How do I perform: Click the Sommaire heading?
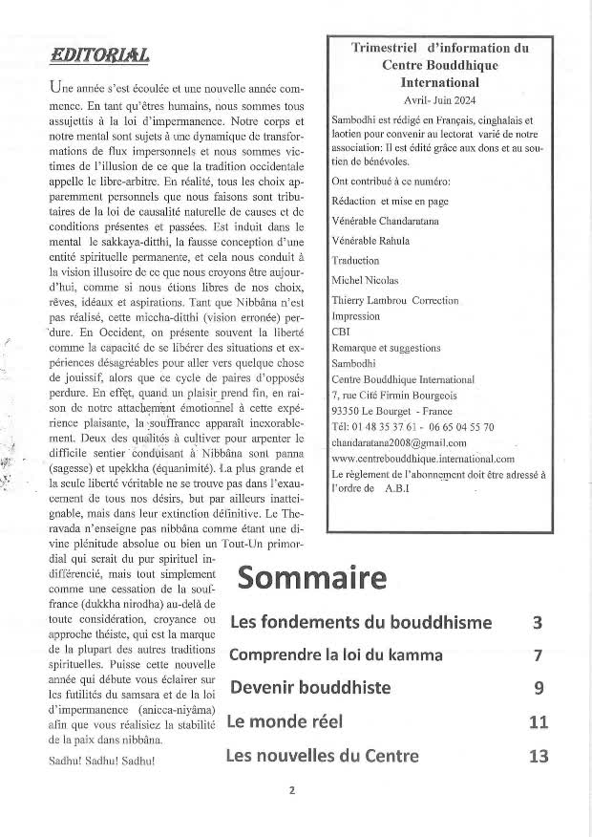[x=311, y=578]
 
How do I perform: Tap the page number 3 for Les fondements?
[x=538, y=623]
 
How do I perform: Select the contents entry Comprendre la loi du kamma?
[x=336, y=655]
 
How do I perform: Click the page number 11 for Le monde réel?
[x=538, y=722]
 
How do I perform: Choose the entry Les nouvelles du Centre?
[x=322, y=757]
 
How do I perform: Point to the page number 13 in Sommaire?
[x=538, y=757]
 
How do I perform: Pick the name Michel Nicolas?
[x=366, y=280]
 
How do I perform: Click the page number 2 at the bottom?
[x=292, y=790]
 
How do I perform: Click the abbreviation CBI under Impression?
[x=341, y=332]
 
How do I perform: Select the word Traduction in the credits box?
[x=355, y=260]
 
